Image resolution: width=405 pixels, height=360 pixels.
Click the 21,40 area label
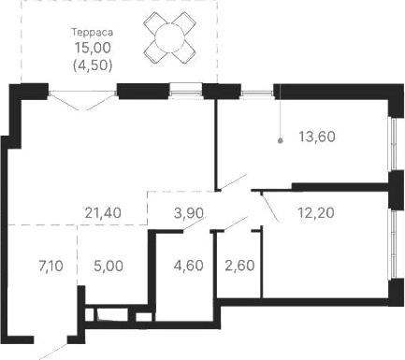click(103, 213)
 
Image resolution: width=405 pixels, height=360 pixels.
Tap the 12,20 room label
click(317, 213)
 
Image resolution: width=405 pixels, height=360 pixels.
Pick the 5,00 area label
click(109, 266)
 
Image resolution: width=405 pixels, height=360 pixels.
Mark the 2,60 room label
click(238, 266)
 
